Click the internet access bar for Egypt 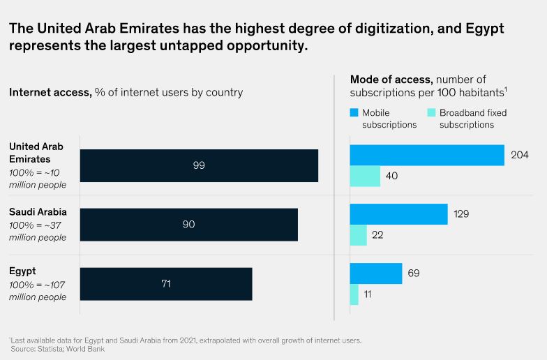point(166,284)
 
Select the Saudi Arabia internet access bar point(188,225)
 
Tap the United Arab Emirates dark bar point(199,165)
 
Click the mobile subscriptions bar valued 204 point(426,155)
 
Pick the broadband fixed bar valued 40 point(365,177)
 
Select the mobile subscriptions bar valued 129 point(398,214)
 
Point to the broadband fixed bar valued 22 point(358,235)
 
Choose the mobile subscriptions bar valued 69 point(376,273)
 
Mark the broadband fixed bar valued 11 point(354,294)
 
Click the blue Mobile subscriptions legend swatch point(353,112)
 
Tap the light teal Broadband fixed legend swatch point(431,112)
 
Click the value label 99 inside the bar point(199,165)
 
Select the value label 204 point(520,155)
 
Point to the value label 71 point(165,284)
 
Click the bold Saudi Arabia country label point(38,211)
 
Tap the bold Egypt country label point(22,271)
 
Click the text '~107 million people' point(38,291)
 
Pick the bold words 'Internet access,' point(50,92)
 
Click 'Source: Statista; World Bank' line point(57,348)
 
